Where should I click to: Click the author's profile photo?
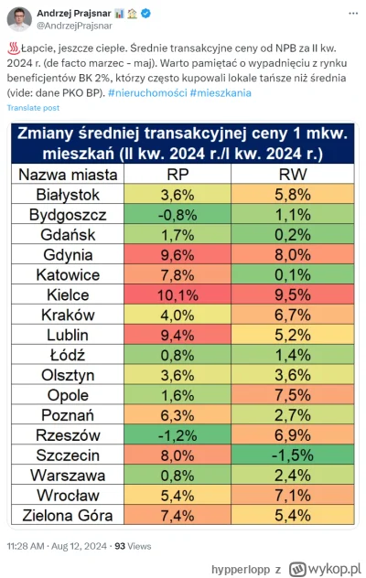click(x=22, y=20)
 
